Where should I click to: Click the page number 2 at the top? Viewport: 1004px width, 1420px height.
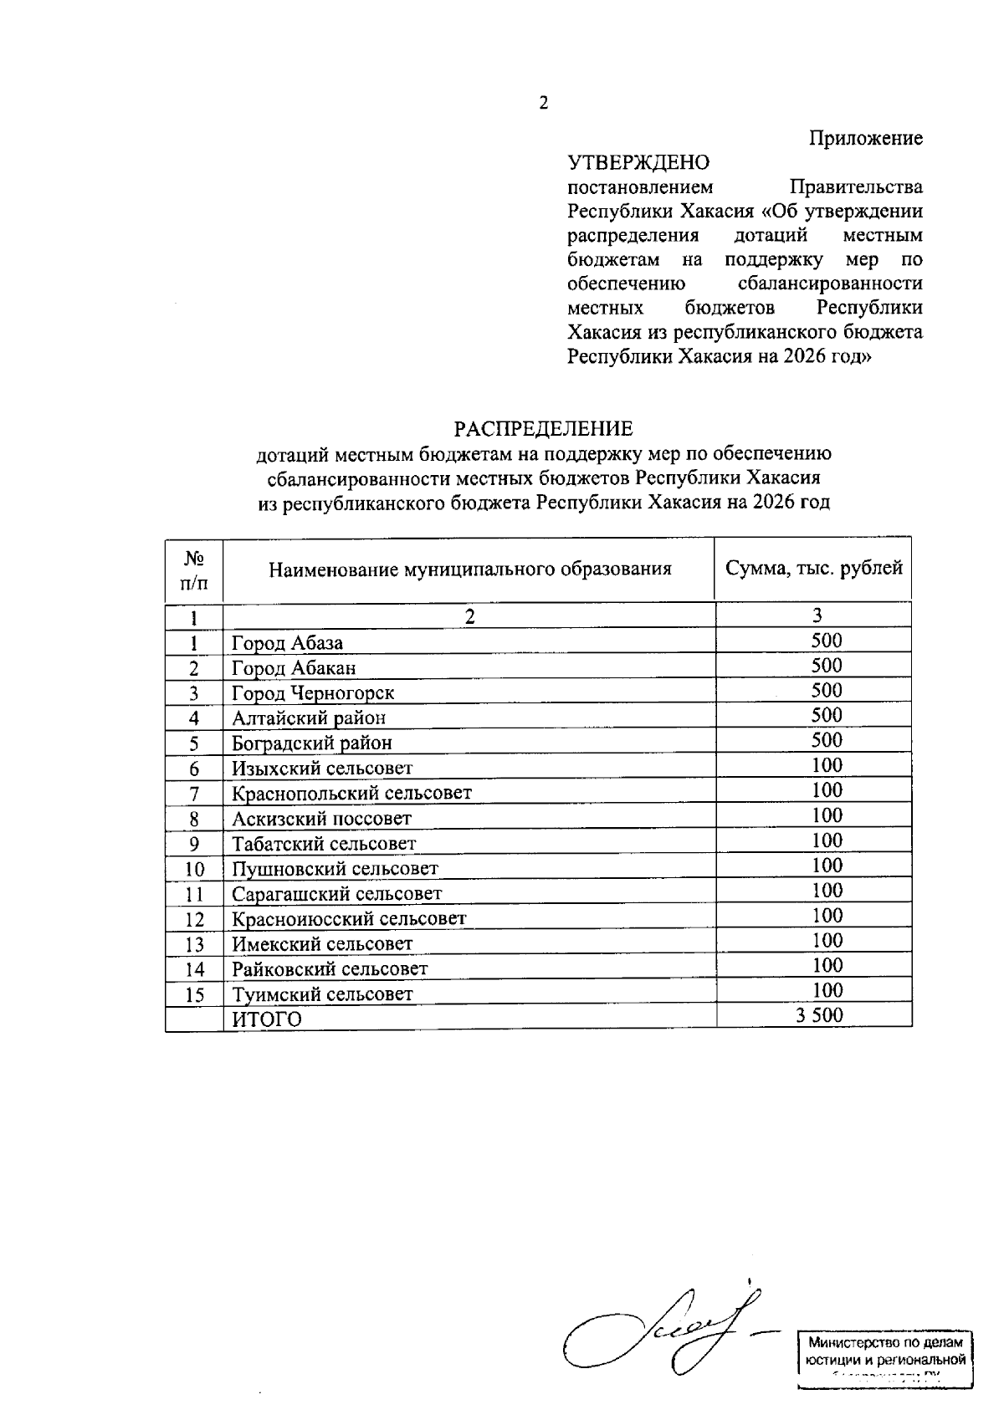(544, 104)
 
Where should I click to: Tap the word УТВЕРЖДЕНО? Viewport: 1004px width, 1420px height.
(638, 162)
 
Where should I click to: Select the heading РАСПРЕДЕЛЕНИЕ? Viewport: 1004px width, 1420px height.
(544, 429)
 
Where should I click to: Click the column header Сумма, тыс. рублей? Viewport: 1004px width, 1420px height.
(813, 569)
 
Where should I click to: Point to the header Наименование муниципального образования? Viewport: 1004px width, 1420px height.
(469, 570)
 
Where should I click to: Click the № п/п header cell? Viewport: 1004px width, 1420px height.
(194, 570)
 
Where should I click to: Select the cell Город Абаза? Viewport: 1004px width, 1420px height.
(287, 643)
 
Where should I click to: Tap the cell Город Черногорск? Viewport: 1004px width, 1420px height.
(313, 693)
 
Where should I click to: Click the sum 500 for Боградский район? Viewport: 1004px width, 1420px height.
(826, 740)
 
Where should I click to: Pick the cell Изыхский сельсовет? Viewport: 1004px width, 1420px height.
(322, 768)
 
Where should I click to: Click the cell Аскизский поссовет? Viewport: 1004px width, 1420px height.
(321, 818)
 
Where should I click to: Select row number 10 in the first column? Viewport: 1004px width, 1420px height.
(194, 869)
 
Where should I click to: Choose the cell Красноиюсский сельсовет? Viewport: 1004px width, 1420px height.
(348, 918)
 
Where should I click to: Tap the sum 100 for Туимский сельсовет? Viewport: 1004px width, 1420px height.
(827, 991)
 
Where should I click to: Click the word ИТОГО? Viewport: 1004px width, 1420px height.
(266, 1019)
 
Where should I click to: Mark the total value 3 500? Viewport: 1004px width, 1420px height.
(819, 1015)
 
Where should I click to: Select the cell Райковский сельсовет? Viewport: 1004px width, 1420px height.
(330, 968)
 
